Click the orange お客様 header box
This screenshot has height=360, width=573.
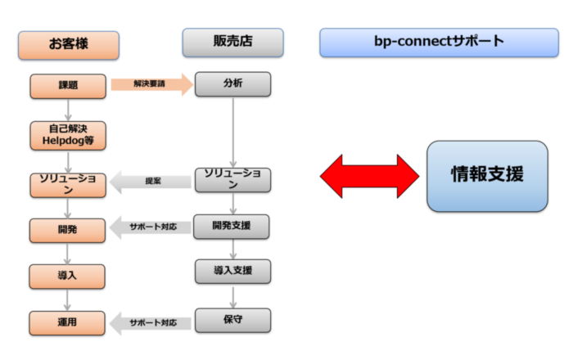click(x=69, y=45)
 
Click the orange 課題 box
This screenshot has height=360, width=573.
click(x=68, y=85)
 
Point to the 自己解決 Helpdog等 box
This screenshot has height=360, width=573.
click(x=68, y=134)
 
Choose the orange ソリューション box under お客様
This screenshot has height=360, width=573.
click(x=68, y=183)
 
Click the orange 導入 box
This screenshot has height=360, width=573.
click(x=68, y=275)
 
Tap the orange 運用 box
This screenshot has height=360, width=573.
click(x=68, y=322)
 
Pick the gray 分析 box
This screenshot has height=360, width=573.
click(x=232, y=84)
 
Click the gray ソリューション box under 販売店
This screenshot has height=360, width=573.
click(x=232, y=179)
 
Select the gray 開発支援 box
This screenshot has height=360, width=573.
click(x=232, y=226)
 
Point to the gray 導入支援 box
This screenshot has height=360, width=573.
click(x=232, y=271)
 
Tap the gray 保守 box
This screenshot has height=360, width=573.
click(x=232, y=319)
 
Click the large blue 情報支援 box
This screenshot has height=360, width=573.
click(x=487, y=176)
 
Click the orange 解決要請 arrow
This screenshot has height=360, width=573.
click(x=151, y=84)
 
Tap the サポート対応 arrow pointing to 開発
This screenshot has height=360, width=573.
click(x=151, y=227)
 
